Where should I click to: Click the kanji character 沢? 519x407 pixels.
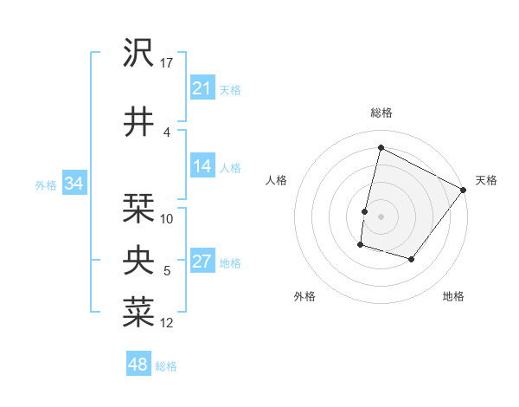139,54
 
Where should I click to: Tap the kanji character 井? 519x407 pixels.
139,122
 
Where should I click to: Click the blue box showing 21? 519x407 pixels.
202,88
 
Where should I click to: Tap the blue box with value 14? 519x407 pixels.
202,167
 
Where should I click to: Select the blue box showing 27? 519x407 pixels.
202,262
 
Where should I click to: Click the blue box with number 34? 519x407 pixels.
74,184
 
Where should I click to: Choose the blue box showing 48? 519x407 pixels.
138,365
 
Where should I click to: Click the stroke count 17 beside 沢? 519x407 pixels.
167,62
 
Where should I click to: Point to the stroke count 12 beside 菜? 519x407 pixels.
167,323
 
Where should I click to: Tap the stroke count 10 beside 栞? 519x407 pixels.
167,219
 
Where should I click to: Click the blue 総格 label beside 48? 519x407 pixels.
166,366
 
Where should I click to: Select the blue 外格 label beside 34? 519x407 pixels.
46,184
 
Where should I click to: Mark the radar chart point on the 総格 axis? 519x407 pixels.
381,148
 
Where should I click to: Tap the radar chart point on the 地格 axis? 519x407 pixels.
412,259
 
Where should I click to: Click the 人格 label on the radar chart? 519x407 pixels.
276,180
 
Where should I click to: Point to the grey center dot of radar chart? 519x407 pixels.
381,216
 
